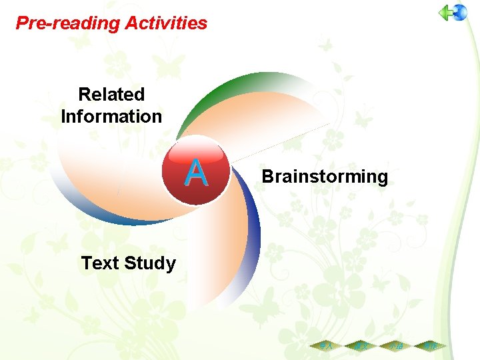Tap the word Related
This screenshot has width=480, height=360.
[111, 95]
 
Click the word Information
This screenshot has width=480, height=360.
[111, 116]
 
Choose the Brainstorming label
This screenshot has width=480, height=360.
[324, 177]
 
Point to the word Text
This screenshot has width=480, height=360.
[99, 263]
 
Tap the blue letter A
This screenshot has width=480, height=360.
[196, 173]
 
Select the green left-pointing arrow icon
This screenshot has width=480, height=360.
[445, 13]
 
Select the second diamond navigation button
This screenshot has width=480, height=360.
[361, 347]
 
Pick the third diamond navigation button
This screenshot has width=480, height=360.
[396, 347]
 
